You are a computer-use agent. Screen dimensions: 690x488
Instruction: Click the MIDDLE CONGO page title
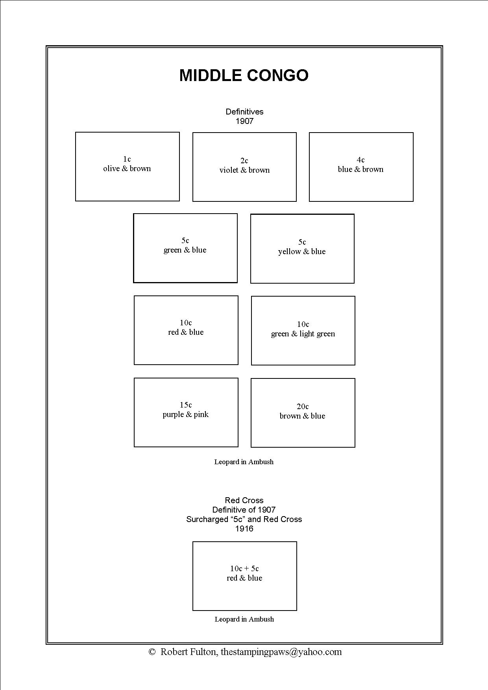coord(244,76)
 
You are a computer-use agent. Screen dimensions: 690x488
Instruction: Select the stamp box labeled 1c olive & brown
coord(127,166)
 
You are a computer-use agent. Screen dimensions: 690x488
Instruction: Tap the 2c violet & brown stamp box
coord(244,167)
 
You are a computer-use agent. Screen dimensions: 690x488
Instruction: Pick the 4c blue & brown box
coord(361,167)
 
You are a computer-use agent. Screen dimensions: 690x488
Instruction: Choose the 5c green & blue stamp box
coord(185,248)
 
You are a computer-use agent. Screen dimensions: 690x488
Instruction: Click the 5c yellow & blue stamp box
coord(302,248)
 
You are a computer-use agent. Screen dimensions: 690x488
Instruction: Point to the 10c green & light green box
coord(303,330)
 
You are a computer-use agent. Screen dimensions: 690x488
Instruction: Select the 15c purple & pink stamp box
coord(186,412)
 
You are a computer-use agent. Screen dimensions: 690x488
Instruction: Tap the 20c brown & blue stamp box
coord(303,413)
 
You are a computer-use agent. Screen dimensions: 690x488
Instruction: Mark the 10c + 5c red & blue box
coord(244,576)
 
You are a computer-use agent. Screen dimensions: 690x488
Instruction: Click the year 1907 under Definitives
coord(244,121)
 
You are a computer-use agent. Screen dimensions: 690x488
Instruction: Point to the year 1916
coord(244,529)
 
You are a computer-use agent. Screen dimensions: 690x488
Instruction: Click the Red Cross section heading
coord(244,500)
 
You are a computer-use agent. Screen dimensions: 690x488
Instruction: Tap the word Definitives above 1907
coord(244,112)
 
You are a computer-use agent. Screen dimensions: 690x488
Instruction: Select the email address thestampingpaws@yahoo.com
coord(281,652)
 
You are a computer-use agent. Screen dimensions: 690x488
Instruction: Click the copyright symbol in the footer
coord(152,652)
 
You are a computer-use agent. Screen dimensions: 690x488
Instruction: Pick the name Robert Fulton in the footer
coord(188,652)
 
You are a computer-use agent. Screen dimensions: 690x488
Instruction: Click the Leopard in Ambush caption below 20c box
coord(244,462)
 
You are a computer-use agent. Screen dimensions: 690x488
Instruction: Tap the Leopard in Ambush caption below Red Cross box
coord(244,619)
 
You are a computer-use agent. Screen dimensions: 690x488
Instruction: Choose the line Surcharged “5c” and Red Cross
coord(244,519)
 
